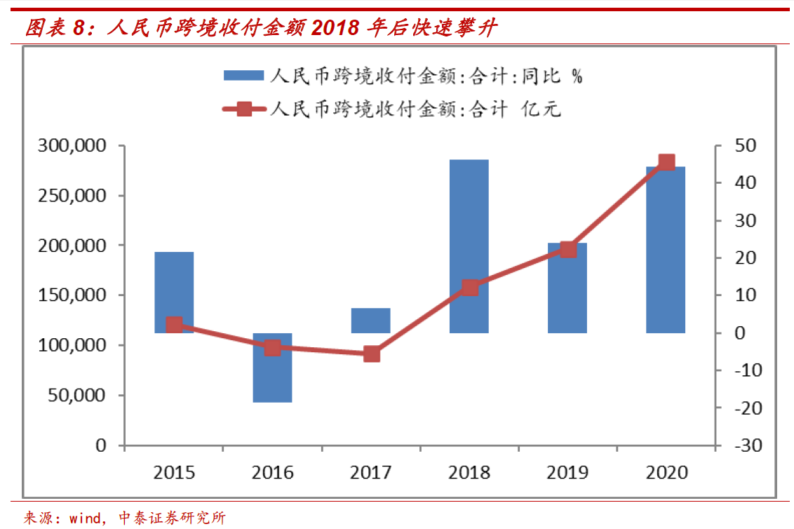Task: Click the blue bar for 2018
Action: (469, 246)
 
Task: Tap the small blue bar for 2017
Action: (370, 320)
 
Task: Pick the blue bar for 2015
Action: (174, 292)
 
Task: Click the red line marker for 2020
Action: (666, 162)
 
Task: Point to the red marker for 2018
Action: (470, 287)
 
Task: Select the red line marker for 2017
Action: (372, 354)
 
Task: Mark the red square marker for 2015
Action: (175, 324)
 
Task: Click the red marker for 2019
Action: (568, 249)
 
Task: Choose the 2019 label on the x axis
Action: (567, 471)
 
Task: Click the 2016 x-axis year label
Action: (272, 471)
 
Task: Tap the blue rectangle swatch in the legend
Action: (243, 76)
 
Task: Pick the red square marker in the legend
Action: (243, 109)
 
